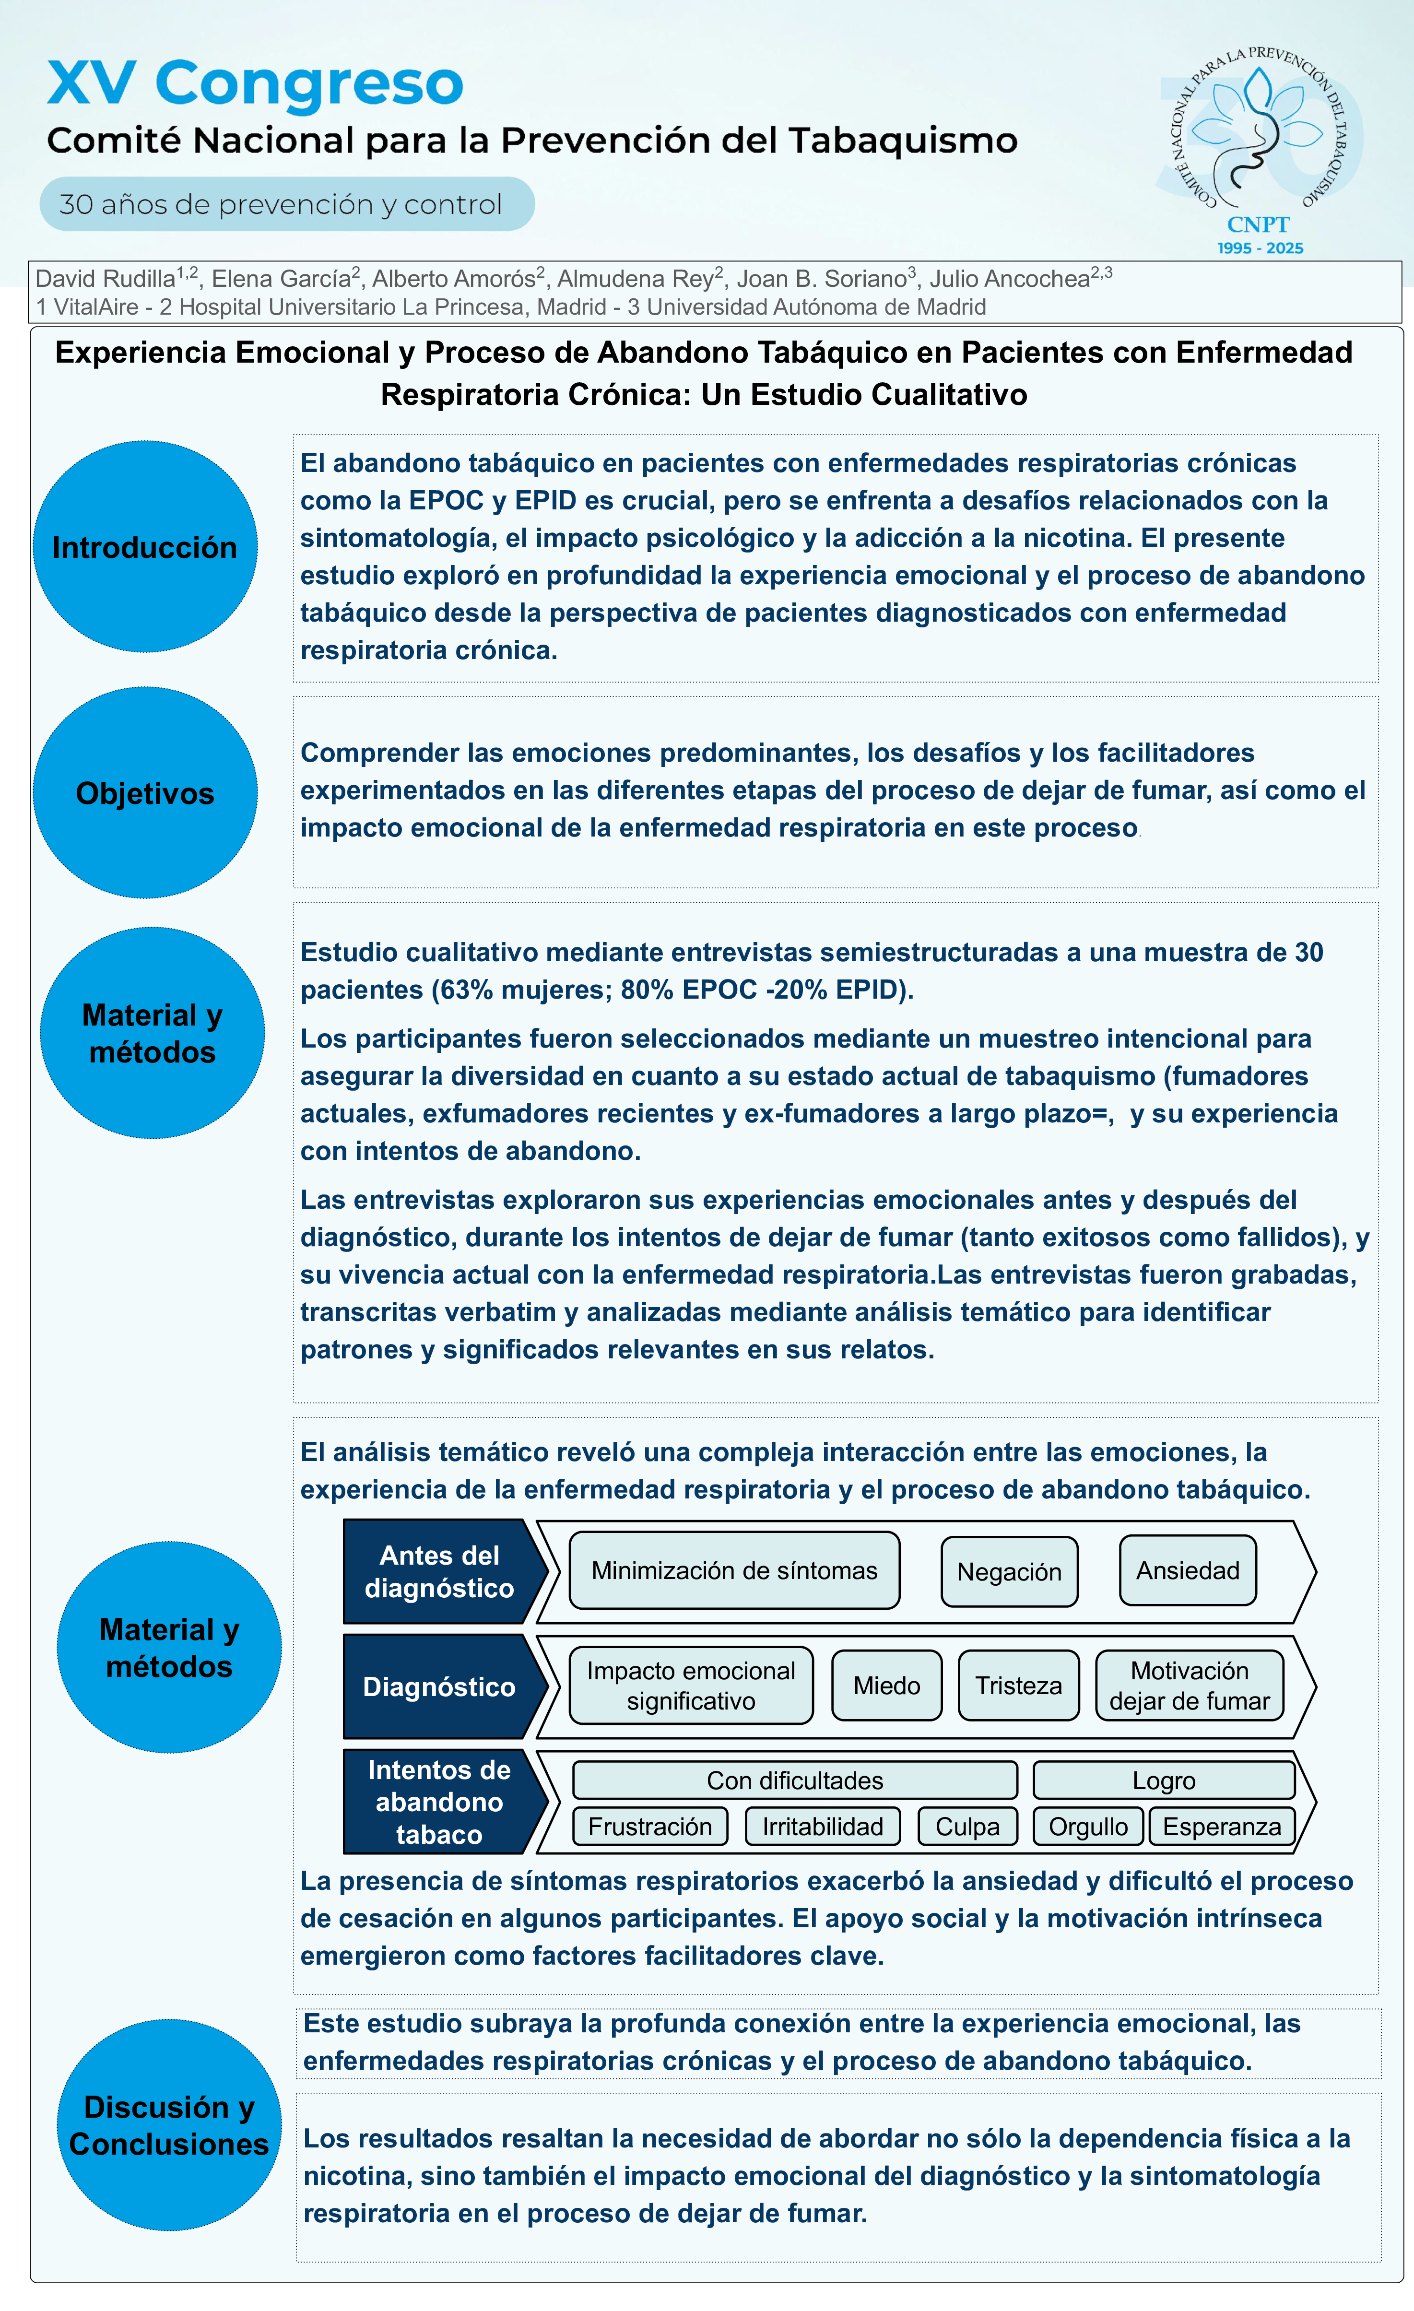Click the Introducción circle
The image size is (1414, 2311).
145,547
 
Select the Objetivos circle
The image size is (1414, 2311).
145,792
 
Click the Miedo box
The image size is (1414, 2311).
886,1686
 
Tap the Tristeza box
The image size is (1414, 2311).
1018,1686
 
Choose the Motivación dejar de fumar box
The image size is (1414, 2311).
1189,1686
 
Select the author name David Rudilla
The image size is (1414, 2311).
105,279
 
